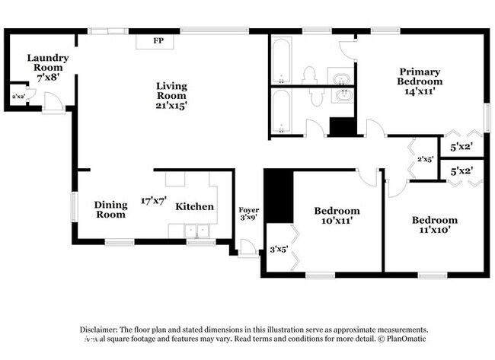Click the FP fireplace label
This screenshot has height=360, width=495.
tap(158, 40)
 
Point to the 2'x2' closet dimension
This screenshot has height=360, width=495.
tap(17, 96)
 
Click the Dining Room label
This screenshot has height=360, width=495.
tap(110, 209)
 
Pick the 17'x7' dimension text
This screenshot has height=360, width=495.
tap(153, 201)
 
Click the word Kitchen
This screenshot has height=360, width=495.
tap(195, 206)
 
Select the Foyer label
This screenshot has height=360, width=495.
tap(248, 210)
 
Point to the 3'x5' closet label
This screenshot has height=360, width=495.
tap(279, 248)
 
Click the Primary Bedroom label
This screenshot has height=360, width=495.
tap(420, 81)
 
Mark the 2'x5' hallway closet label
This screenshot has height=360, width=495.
tap(425, 159)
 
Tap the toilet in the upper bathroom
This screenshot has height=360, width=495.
tap(309, 74)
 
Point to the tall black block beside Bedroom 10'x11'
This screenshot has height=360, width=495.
tap(279, 196)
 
